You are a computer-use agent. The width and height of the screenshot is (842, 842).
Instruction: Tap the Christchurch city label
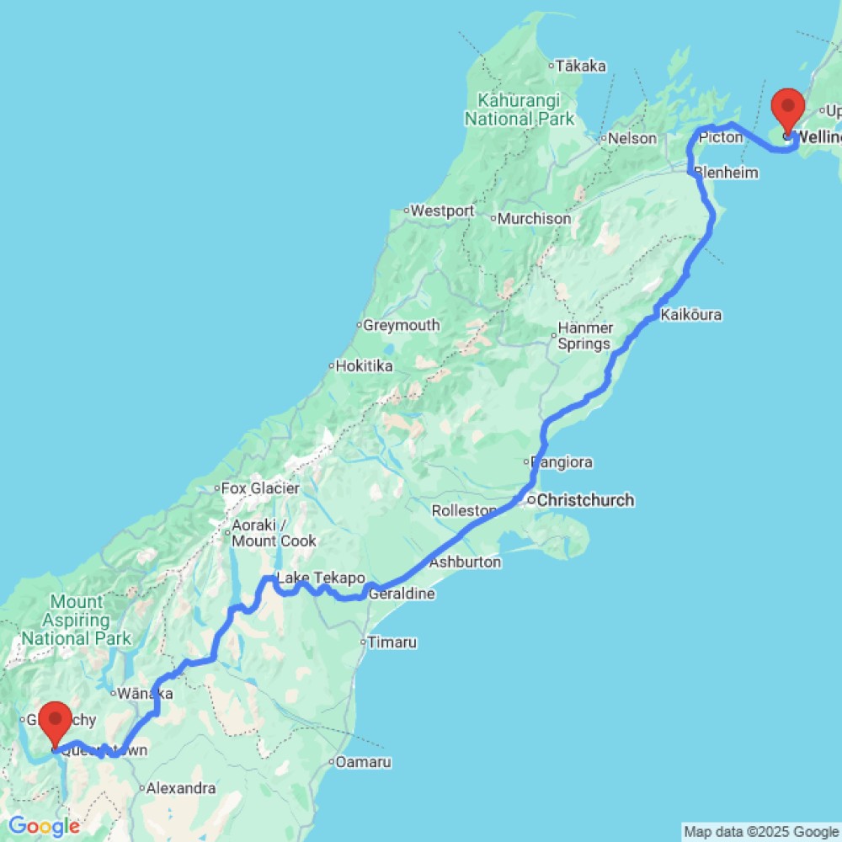(585, 500)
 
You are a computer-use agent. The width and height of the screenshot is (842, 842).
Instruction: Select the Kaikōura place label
(691, 315)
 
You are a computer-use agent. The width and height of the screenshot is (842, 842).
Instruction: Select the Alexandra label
(180, 790)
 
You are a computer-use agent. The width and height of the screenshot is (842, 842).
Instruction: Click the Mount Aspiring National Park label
(77, 620)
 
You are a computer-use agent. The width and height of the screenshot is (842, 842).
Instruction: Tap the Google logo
(44, 827)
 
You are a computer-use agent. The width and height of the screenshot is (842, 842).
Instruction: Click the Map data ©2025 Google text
(761, 833)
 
